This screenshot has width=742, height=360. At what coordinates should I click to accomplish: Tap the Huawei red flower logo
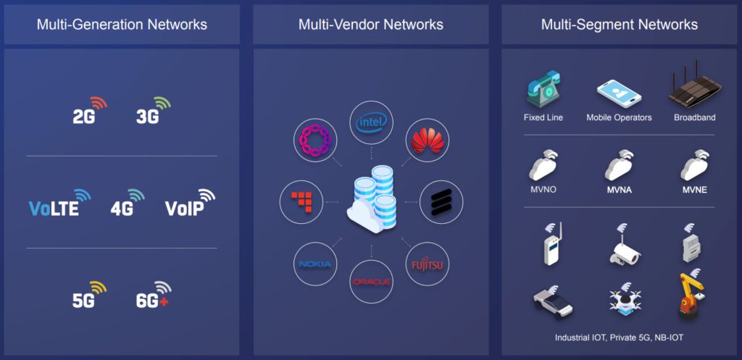[427, 141]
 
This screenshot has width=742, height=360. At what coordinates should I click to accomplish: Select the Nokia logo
[315, 264]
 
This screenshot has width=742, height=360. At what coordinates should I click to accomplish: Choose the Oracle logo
[371, 281]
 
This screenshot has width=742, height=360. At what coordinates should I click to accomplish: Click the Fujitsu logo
[427, 262]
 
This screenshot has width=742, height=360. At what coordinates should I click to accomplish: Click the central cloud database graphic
[371, 199]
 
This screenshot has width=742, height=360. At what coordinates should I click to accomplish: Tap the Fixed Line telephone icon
[543, 91]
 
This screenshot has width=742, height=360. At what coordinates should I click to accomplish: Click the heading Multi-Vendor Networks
[370, 25]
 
